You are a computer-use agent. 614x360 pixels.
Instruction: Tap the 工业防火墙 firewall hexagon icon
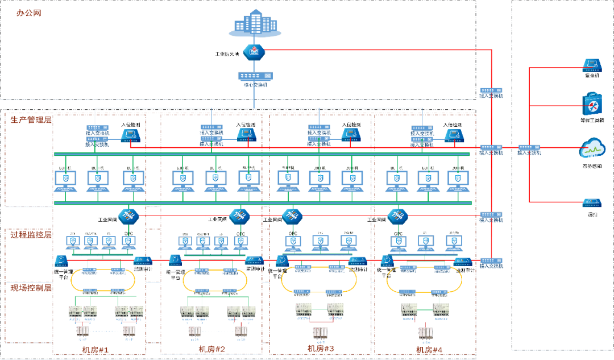click(x=254, y=53)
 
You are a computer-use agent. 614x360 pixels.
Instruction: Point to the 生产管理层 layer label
click(x=31, y=119)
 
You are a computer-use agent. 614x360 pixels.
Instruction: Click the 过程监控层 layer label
click(x=31, y=234)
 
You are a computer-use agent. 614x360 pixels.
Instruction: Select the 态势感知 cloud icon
click(x=592, y=150)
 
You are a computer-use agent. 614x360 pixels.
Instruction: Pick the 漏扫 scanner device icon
click(x=592, y=202)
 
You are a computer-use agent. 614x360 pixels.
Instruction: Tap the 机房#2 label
click(x=212, y=349)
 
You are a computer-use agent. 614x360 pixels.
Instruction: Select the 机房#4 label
click(x=429, y=349)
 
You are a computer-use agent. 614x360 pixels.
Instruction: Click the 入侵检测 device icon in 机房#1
click(x=132, y=135)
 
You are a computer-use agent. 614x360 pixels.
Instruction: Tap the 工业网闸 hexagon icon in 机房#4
click(x=396, y=216)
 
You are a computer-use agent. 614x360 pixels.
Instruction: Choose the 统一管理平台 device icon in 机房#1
click(x=62, y=260)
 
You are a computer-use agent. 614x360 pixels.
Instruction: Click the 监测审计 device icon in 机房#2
click(x=254, y=260)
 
